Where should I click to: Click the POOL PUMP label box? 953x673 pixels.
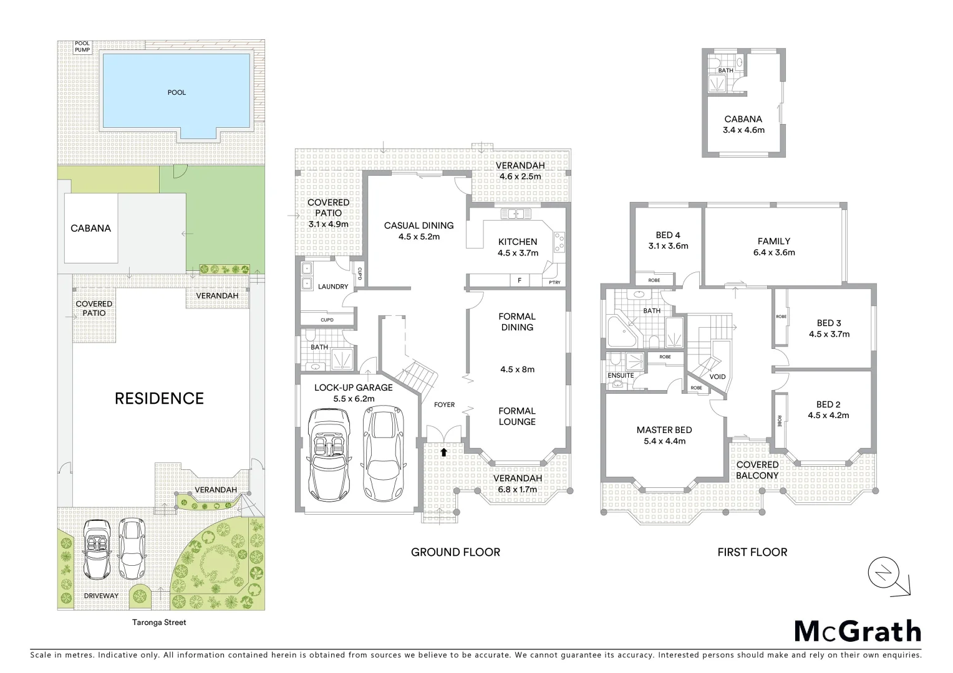(x=82, y=47)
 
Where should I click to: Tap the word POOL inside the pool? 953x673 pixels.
(x=177, y=92)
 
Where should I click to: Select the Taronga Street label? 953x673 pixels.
(x=159, y=622)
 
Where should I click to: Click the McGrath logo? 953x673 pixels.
(x=858, y=631)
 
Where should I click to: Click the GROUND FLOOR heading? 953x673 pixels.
(x=455, y=552)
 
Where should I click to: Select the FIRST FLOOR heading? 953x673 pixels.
(x=752, y=552)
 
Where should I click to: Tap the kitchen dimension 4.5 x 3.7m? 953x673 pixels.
(x=518, y=253)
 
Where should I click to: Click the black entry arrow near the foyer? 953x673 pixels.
(x=443, y=452)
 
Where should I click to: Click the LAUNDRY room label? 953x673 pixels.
(x=333, y=287)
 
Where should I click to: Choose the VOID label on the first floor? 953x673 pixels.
(x=717, y=377)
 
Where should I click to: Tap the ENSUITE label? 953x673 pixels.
(x=621, y=376)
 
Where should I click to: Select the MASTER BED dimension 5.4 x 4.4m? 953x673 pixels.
(x=664, y=441)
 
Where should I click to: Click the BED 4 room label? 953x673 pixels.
(x=668, y=235)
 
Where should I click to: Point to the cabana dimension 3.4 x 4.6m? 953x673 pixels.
(x=743, y=130)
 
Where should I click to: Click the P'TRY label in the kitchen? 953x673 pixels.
(x=554, y=282)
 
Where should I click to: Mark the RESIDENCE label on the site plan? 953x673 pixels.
(x=159, y=399)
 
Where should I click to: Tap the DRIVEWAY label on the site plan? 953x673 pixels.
(x=101, y=596)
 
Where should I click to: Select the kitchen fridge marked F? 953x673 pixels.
(x=520, y=281)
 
